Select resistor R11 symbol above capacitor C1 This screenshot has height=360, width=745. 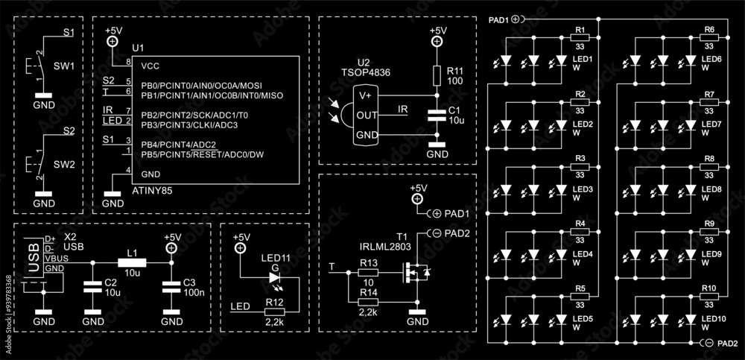pyautogui.click(x=438, y=75)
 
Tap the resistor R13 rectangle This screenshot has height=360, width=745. pyautogui.click(x=368, y=273)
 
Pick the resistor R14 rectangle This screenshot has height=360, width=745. pyautogui.click(x=368, y=302)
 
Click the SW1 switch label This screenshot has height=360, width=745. pyautogui.click(x=62, y=66)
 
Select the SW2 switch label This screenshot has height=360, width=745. pyautogui.click(x=62, y=163)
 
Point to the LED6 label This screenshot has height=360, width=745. pyautogui.click(x=711, y=59)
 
